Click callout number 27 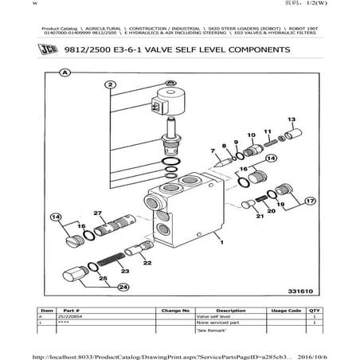pos(98,213)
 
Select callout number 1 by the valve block pos(221,246)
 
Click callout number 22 pos(147,260)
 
